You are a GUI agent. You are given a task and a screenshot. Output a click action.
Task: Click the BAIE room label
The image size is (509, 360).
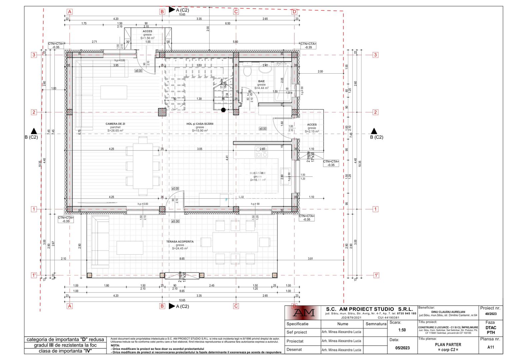(261, 81)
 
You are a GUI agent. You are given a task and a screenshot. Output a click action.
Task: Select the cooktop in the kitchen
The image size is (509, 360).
(261, 152)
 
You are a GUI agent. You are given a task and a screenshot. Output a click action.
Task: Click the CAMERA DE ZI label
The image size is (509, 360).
(115, 124)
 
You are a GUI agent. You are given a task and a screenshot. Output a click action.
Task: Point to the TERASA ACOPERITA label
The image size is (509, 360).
(180, 242)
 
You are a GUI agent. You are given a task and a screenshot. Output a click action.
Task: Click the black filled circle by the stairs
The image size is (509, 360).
(223, 110)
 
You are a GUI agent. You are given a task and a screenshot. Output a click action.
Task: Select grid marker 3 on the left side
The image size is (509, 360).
(34, 55)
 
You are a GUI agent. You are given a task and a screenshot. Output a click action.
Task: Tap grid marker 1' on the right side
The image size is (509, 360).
(376, 275)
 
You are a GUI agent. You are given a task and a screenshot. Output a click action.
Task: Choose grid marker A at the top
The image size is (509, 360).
(70, 12)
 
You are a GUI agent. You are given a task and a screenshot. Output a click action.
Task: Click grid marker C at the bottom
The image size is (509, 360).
(236, 306)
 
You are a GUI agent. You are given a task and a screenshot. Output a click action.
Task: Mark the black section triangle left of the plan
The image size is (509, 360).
(34, 131)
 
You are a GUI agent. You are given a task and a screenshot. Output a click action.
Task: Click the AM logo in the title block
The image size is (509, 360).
(303, 313)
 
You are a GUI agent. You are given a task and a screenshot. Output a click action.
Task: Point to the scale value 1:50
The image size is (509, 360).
(402, 330)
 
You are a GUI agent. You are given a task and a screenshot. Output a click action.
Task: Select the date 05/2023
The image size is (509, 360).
(402, 348)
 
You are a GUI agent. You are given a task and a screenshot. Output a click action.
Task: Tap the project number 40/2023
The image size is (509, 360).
(491, 314)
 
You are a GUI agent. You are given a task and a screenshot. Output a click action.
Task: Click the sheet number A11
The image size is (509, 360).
(491, 347)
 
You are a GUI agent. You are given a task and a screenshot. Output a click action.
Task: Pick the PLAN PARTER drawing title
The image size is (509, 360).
(448, 345)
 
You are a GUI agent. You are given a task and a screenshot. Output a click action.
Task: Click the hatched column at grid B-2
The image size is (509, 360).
(162, 112)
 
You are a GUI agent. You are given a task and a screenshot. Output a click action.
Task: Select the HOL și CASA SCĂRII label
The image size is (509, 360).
(200, 124)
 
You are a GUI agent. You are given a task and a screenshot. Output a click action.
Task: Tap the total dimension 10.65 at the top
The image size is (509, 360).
(182, 15)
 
